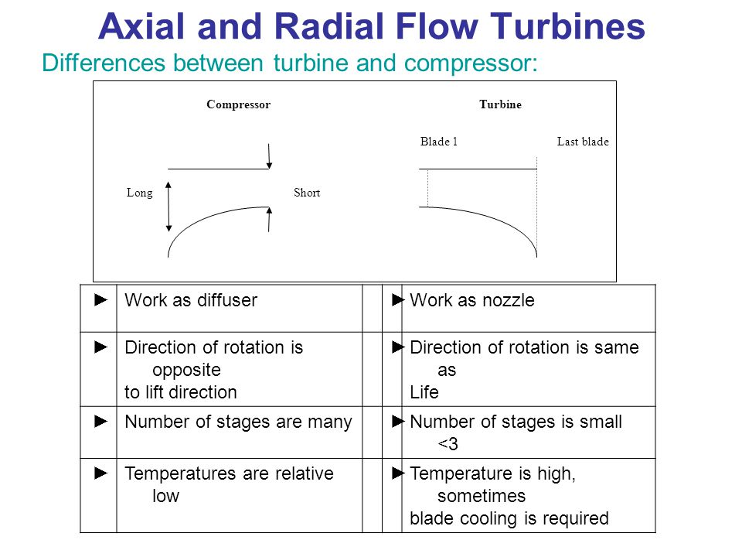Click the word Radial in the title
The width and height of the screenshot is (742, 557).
(x=330, y=26)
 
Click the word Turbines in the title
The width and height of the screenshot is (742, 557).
(x=567, y=26)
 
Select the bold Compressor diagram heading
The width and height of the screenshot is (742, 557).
(x=239, y=104)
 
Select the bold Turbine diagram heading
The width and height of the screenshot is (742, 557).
(x=500, y=104)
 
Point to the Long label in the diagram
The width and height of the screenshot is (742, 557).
(x=140, y=193)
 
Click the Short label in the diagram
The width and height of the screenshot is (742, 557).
(x=307, y=193)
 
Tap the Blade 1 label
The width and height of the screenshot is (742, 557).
(x=439, y=142)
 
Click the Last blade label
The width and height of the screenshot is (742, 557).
(x=583, y=142)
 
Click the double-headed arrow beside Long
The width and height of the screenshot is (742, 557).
(x=168, y=207)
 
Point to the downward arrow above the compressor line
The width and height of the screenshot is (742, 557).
(x=269, y=156)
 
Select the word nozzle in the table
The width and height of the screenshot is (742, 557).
(x=506, y=300)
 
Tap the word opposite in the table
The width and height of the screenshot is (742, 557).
(x=186, y=371)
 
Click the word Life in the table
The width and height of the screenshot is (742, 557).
(x=424, y=392)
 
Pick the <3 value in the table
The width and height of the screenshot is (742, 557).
(x=448, y=444)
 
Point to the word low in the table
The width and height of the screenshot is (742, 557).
(x=165, y=496)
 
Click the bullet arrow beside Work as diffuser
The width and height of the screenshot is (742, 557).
(x=100, y=300)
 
